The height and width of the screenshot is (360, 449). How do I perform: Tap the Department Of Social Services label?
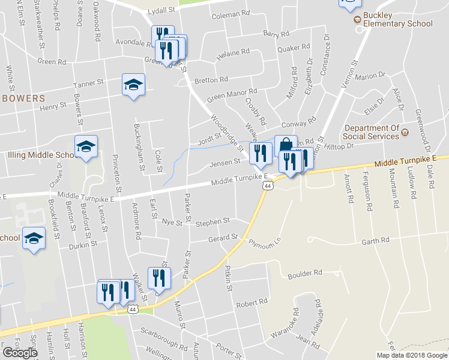click(372, 132)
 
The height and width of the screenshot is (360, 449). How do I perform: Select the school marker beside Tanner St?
click(133, 85)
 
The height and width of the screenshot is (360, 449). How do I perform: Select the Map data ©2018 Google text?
click(412, 355)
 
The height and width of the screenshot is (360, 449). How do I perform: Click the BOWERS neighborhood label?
click(23, 97)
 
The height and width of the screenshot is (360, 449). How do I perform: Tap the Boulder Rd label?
click(305, 272)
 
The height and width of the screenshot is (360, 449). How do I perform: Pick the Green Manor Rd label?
click(232, 94)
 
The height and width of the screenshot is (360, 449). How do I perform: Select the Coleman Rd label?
click(230, 13)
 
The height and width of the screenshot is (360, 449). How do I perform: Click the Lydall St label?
click(161, 10)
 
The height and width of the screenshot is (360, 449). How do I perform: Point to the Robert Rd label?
click(250, 304)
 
